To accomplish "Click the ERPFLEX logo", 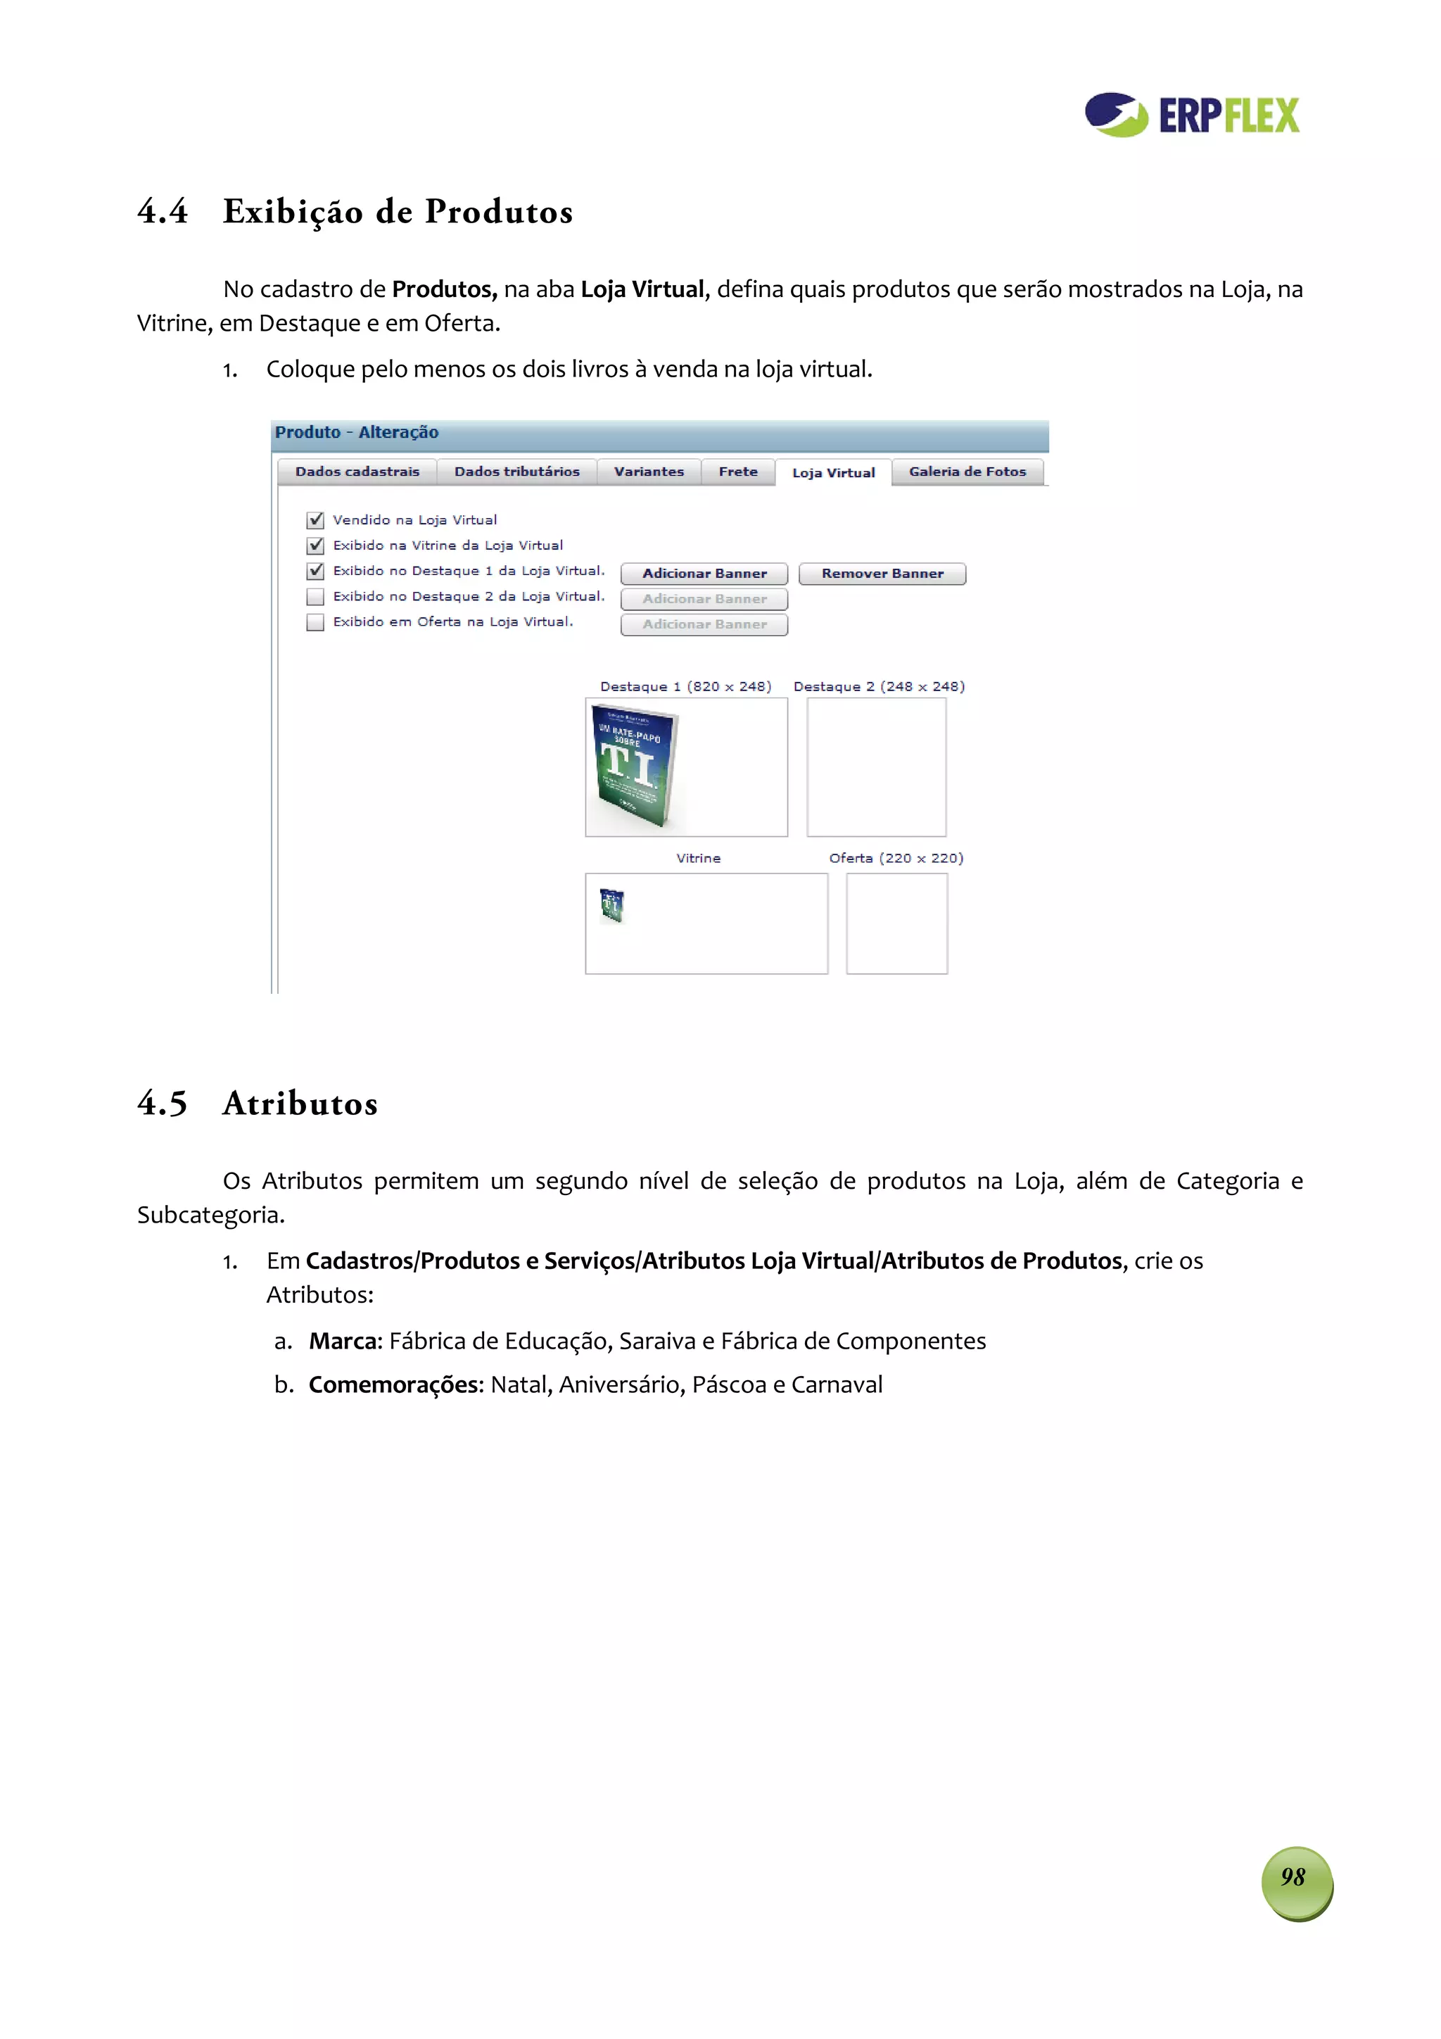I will [x=1191, y=115].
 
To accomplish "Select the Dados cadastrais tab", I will [x=357, y=472].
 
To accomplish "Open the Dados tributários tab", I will [x=516, y=472].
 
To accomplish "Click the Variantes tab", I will [x=648, y=472].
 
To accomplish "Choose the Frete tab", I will [x=738, y=472].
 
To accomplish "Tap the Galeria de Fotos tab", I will [x=967, y=472].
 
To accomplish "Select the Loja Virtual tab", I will [x=833, y=472].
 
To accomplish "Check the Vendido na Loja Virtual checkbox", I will [x=315, y=519].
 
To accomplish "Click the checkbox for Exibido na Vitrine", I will [x=315, y=545].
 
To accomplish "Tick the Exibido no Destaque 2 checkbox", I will [x=315, y=596].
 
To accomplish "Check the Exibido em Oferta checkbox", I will [x=315, y=621].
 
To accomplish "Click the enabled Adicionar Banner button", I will [x=704, y=574].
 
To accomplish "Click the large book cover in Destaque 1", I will [x=634, y=766].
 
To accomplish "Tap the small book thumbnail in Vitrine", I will [x=611, y=905].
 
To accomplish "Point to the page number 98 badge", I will [x=1295, y=1876].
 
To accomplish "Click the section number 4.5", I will [x=163, y=1103].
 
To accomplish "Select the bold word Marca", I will [x=343, y=1340].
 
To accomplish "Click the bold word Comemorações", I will [x=393, y=1384].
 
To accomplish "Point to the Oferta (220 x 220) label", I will [x=896, y=858].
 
